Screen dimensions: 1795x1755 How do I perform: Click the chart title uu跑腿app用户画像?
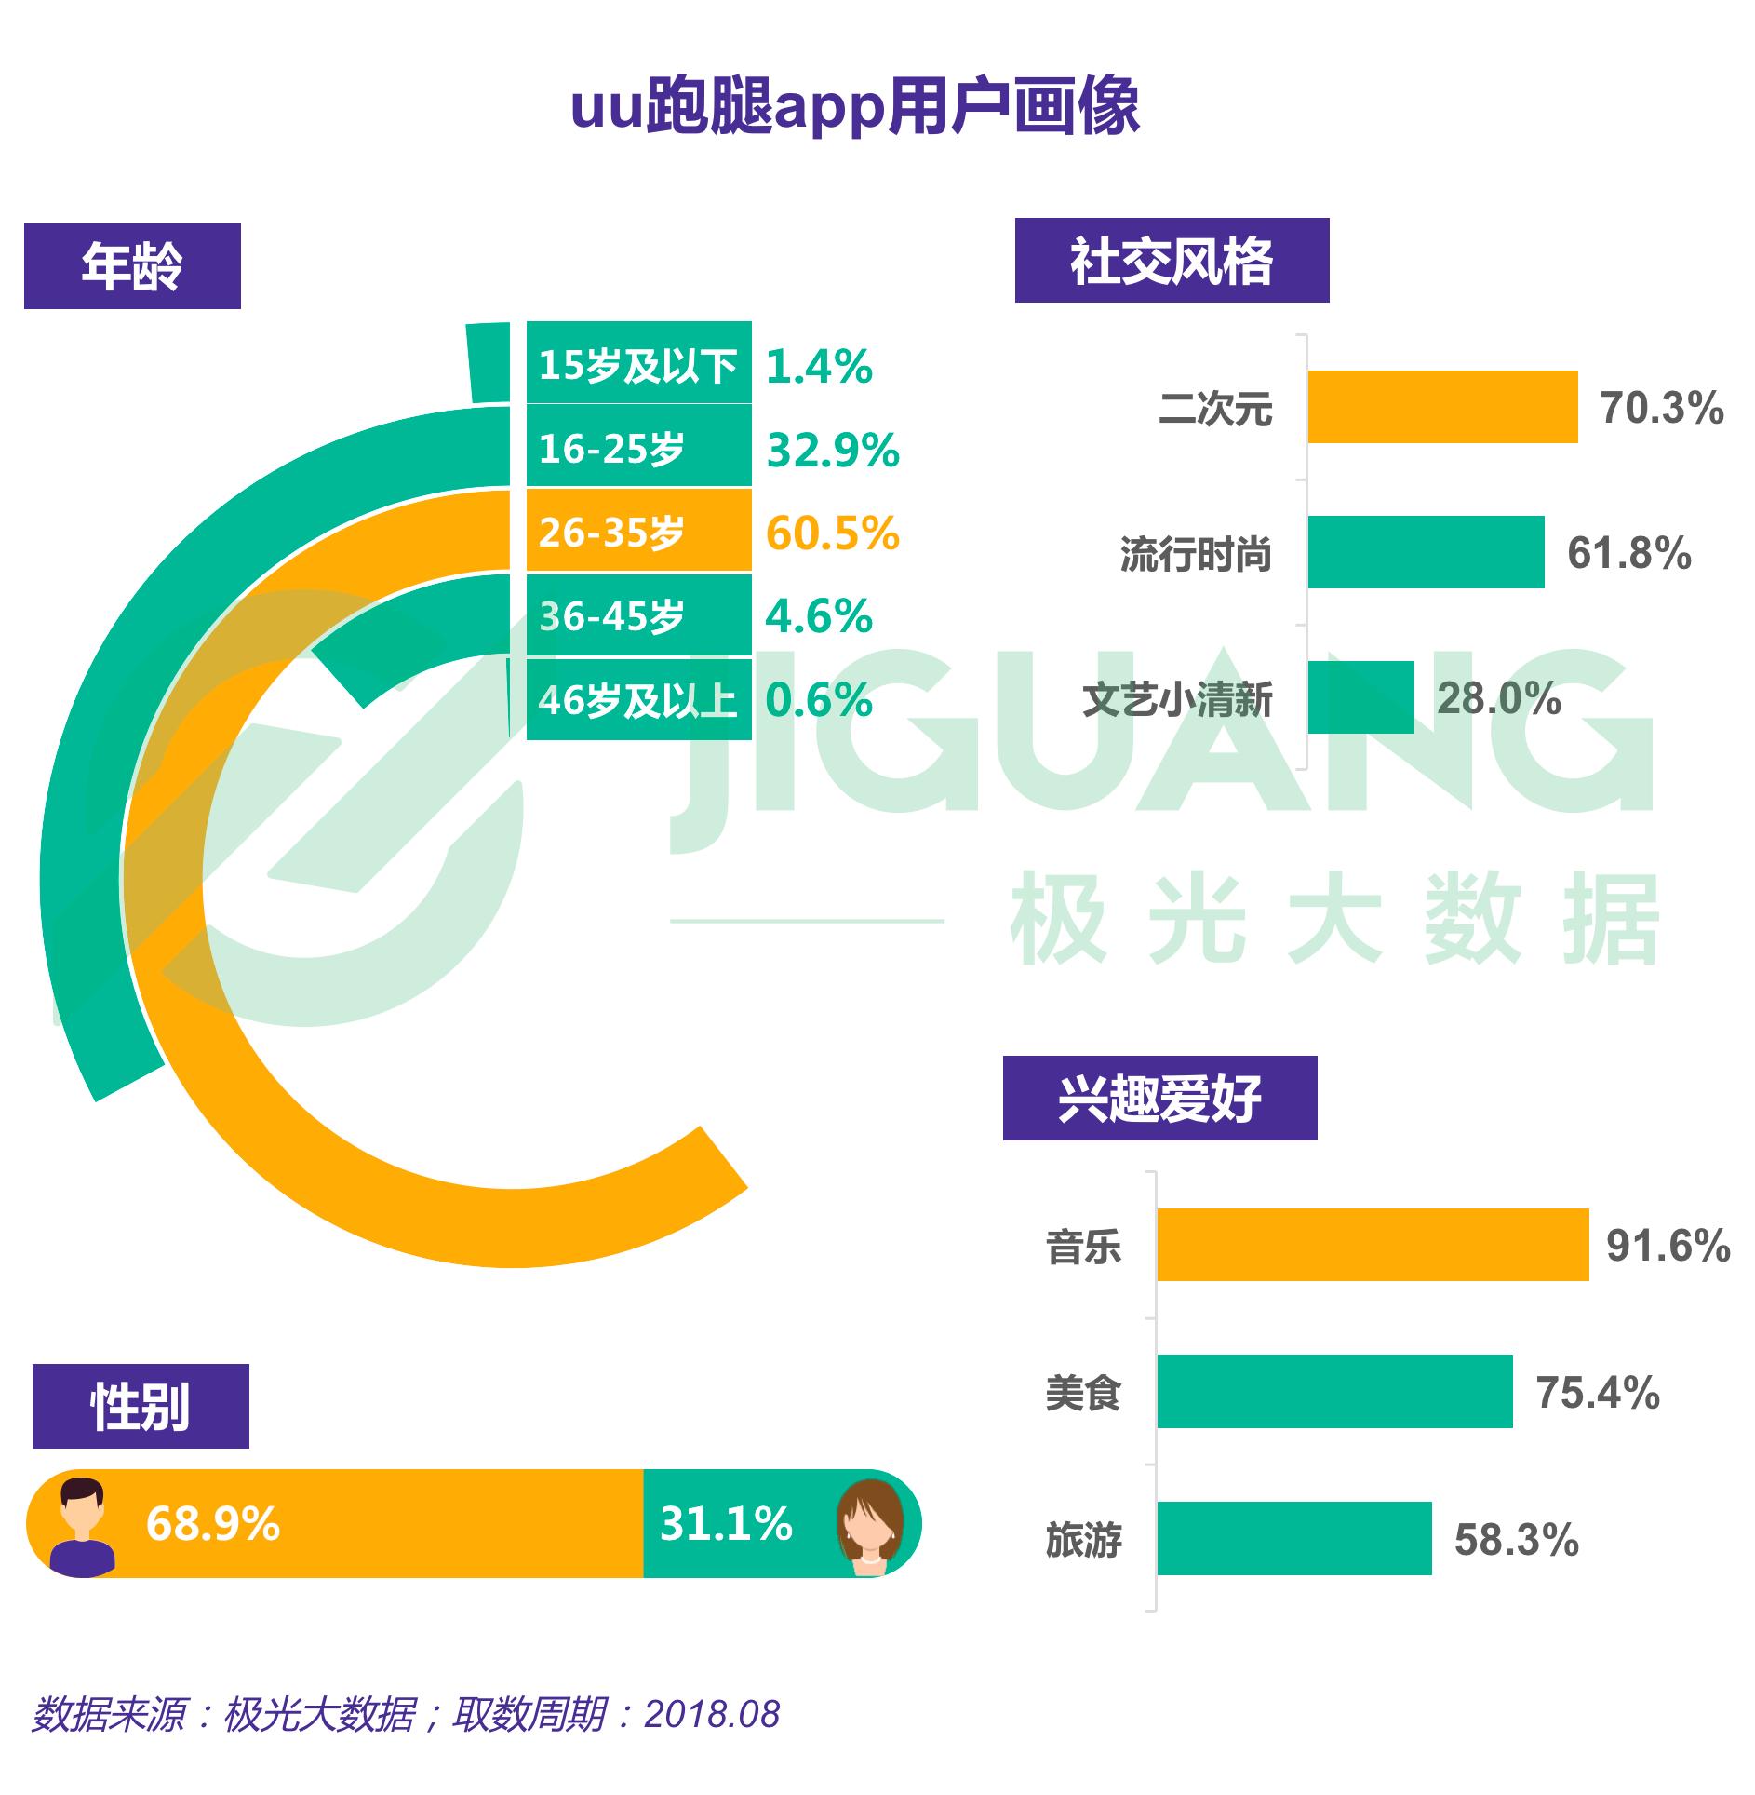(x=854, y=106)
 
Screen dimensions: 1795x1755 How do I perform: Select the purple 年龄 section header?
(x=132, y=266)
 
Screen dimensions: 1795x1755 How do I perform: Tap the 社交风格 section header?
(x=1172, y=261)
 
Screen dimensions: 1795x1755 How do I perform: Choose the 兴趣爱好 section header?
(x=1159, y=1098)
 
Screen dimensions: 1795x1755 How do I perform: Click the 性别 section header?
(x=141, y=1406)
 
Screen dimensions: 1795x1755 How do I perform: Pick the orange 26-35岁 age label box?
(x=638, y=531)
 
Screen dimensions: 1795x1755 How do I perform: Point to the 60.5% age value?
(x=833, y=533)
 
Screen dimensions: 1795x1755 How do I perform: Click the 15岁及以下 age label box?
(x=638, y=363)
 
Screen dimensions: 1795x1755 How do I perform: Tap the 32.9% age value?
(x=833, y=450)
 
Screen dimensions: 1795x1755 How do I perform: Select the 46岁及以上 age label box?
(x=638, y=699)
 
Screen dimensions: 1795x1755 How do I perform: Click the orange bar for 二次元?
(x=1442, y=407)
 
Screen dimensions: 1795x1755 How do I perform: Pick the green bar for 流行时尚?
(x=1426, y=552)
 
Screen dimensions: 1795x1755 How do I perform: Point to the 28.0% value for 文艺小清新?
(x=1499, y=698)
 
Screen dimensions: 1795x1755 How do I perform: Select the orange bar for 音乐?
(x=1373, y=1245)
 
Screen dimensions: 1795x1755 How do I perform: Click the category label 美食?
(x=1083, y=1394)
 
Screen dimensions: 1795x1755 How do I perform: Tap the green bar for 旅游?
(x=1294, y=1539)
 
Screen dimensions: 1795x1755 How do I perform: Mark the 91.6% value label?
(x=1668, y=1246)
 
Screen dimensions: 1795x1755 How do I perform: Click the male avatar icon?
(x=83, y=1526)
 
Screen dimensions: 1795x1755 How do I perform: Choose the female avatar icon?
(x=871, y=1526)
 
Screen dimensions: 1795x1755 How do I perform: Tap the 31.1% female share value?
(x=726, y=1524)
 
